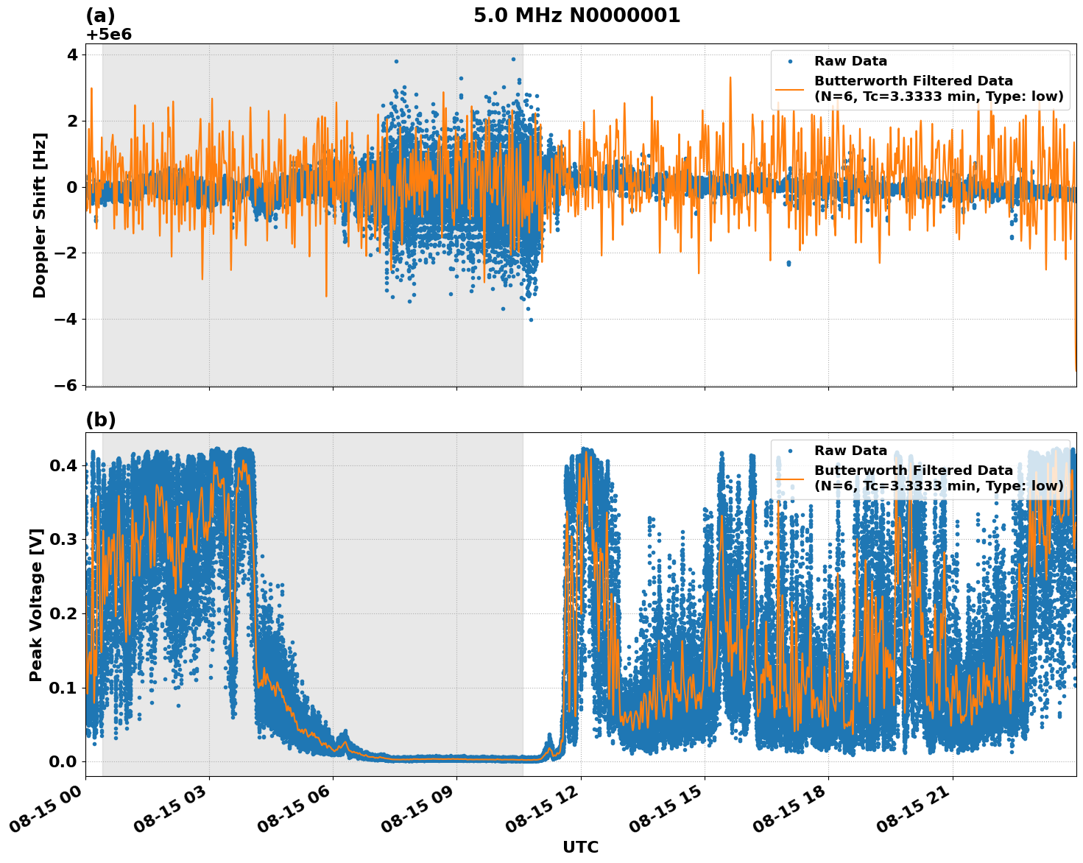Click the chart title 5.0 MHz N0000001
pos(576,15)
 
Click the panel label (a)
pos(100,15)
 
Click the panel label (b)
pos(100,420)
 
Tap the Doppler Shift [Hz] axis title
pos(40,215)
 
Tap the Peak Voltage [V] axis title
pos(36,605)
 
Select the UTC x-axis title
pos(580,847)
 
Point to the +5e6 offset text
pos(109,35)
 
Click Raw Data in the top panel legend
pos(850,61)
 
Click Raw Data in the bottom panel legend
pos(850,451)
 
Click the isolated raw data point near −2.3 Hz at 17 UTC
pos(789,263)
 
